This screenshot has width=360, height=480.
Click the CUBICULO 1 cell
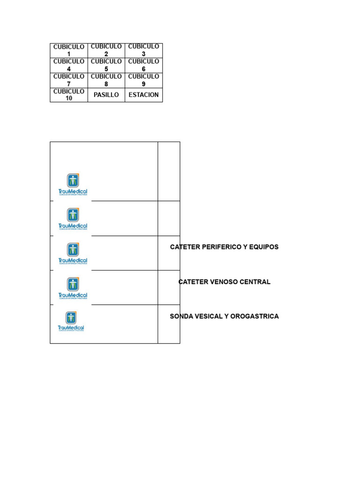point(69,51)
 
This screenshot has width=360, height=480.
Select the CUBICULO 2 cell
point(106,51)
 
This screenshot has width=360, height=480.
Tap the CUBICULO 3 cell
point(143,51)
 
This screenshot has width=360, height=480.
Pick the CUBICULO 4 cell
point(69,65)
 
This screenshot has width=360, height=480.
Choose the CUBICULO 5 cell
point(106,65)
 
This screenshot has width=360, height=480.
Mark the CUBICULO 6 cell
point(143,65)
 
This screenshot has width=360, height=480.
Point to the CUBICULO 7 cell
point(69,80)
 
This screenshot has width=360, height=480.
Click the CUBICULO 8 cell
point(106,80)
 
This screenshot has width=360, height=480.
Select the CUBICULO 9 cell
point(143,80)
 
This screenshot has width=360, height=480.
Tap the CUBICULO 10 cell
point(69,95)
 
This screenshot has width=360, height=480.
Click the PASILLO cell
point(106,95)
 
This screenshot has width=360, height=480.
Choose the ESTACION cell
point(143,95)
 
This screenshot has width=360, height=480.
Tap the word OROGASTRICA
point(255,316)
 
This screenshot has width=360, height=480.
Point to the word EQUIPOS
point(264,247)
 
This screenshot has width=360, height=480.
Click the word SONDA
point(181,316)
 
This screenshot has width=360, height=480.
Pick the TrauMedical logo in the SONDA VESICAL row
point(71,321)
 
